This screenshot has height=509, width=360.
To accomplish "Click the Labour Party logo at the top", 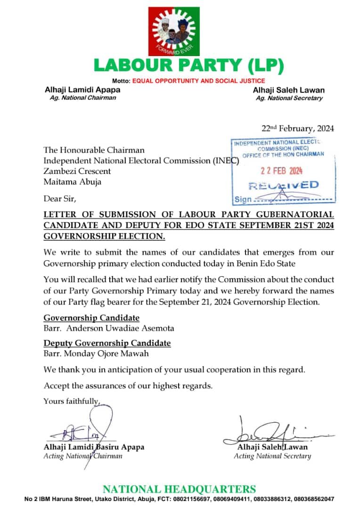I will coord(180,31).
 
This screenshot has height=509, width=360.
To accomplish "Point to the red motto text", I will coord(198,81).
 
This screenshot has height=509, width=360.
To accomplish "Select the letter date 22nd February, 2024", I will coord(297,128).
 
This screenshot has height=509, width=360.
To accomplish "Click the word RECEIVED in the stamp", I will coord(283,185).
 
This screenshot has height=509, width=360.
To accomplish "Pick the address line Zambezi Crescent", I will coord(77,171).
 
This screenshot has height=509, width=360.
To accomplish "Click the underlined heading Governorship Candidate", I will coord(91,318).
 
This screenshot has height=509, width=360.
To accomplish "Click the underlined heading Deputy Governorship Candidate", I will coord(107,343).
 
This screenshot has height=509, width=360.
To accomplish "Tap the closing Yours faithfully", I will coord(72,401).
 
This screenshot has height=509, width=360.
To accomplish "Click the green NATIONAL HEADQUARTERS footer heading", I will coord(180,489).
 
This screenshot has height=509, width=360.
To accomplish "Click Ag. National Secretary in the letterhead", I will coord(289,98).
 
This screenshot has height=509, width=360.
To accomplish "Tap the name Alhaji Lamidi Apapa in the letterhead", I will coord(82,90).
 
